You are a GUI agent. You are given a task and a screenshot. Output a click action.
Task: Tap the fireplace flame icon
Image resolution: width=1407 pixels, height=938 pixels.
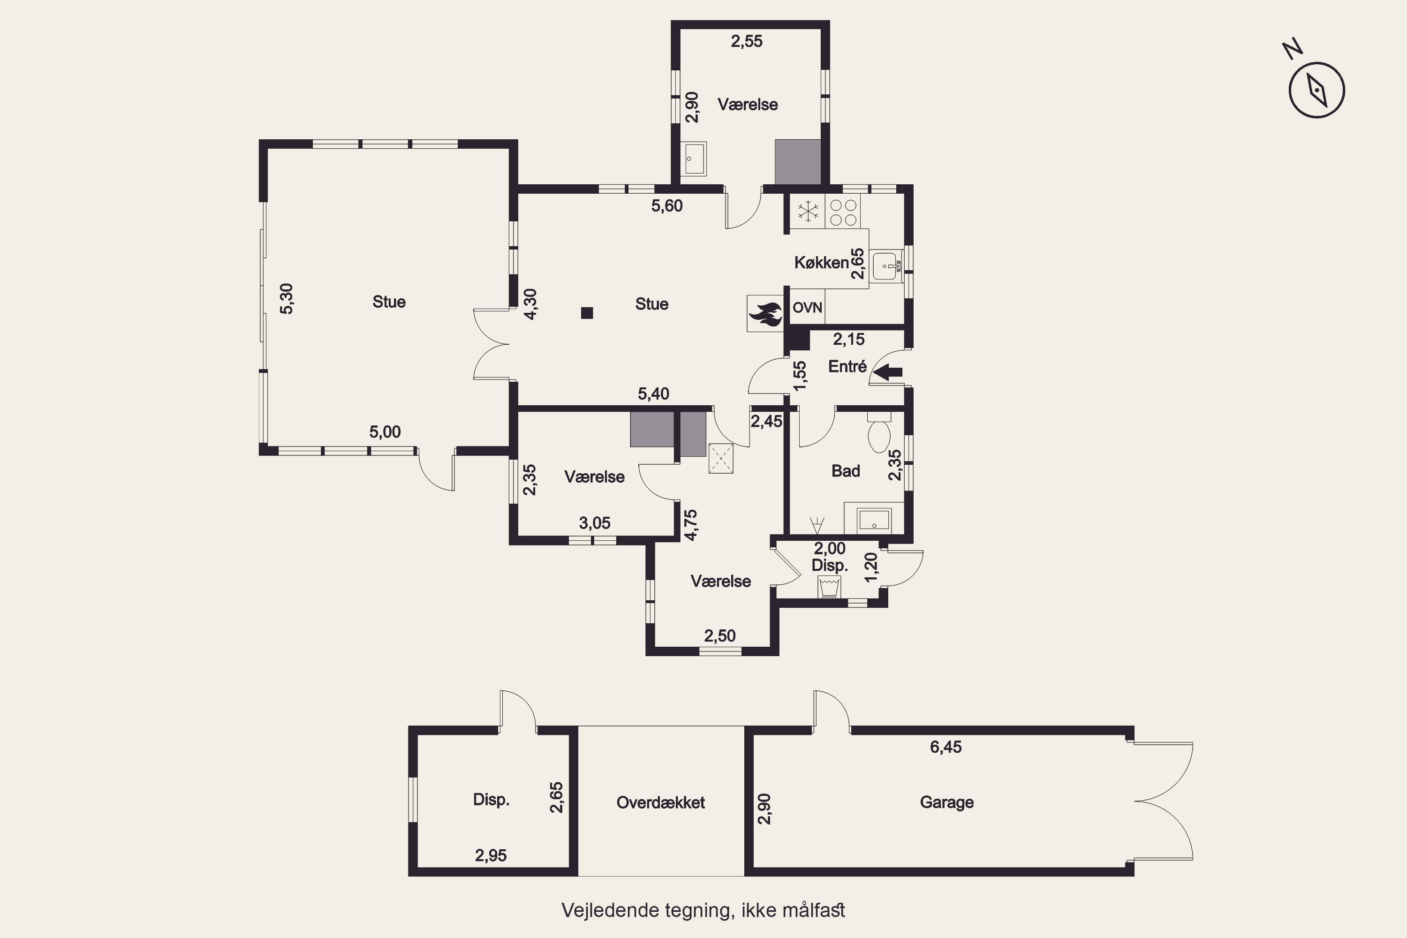(x=765, y=313)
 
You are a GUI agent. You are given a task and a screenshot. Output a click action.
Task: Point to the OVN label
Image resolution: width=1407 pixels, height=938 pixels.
(x=807, y=308)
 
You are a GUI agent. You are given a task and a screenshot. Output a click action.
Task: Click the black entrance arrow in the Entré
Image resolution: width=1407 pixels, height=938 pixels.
(x=888, y=372)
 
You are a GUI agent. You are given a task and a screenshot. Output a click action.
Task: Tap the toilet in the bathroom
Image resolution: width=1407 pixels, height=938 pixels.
(x=879, y=432)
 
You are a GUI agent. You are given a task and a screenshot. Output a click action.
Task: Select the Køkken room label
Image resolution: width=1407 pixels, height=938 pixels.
(x=821, y=263)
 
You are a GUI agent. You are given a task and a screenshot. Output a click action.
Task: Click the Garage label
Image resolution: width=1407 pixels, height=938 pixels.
(x=946, y=802)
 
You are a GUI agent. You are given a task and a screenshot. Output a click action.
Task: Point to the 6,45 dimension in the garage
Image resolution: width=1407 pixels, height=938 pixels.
(x=946, y=747)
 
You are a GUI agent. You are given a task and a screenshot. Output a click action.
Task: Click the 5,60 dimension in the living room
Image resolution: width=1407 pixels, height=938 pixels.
(x=667, y=206)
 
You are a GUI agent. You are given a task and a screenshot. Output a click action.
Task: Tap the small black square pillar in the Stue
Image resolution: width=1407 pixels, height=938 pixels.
(x=587, y=313)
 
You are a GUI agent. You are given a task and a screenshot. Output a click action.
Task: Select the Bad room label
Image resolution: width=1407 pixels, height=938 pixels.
(x=845, y=471)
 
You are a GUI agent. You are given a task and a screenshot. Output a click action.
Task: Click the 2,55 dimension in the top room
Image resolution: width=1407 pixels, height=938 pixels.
(x=747, y=41)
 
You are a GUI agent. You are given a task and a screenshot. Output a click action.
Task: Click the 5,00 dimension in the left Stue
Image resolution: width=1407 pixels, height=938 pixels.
(x=385, y=432)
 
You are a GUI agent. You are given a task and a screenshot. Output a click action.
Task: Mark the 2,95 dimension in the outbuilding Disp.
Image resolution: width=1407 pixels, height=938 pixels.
(x=491, y=855)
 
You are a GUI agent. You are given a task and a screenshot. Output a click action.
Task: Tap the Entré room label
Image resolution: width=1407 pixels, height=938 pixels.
(x=847, y=366)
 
